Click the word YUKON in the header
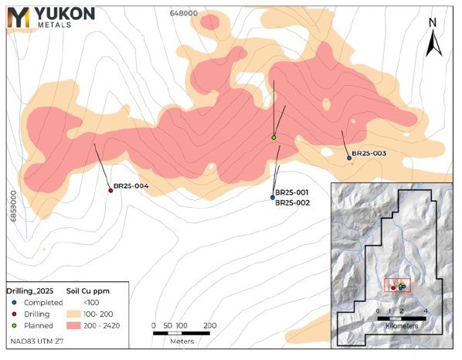pyautogui.click(x=64, y=14)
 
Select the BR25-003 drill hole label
pyautogui.click(x=369, y=154)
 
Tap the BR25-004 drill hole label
pyautogui.click(x=131, y=186)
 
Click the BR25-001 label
pyautogui.click(x=292, y=192)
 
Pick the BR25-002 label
pyautogui.click(x=292, y=202)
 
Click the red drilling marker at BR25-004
pyautogui.click(x=110, y=190)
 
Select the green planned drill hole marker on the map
pyautogui.click(x=273, y=138)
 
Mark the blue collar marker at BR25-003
pyautogui.click(x=349, y=158)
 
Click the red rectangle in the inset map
pyautogui.click(x=397, y=285)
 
